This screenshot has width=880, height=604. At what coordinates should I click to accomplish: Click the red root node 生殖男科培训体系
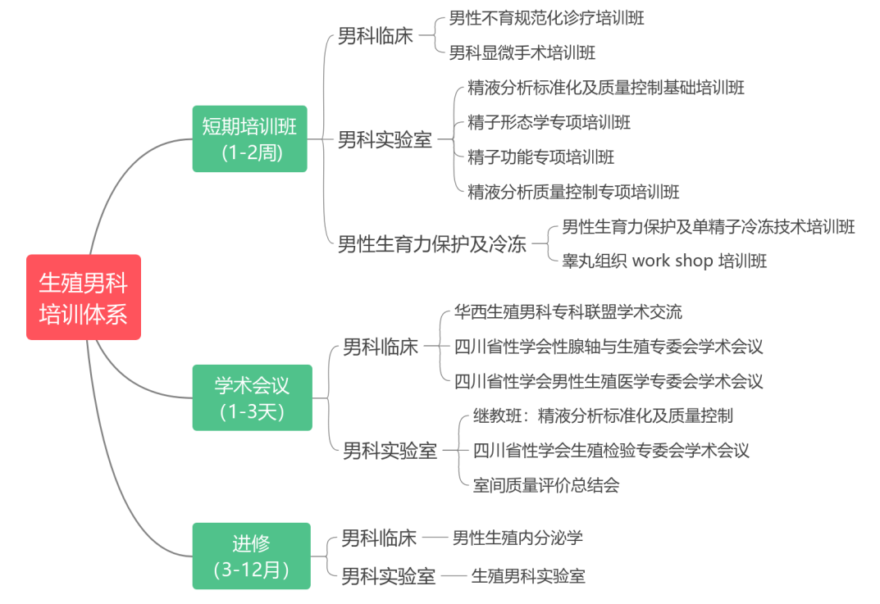(84, 297)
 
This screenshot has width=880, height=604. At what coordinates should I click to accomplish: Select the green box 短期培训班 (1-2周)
(250, 139)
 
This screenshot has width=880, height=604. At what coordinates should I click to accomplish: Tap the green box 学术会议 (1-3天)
(252, 397)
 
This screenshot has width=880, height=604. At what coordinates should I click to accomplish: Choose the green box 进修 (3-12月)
(252, 556)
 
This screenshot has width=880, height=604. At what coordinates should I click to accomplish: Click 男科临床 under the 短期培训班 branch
(376, 36)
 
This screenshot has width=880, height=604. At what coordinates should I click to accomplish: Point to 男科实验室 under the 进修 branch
(389, 576)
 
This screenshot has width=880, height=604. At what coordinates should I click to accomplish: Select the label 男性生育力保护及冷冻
(432, 244)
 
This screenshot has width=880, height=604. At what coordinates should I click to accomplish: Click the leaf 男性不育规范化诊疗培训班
(547, 19)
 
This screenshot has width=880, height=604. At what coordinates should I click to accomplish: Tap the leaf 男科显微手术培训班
(522, 52)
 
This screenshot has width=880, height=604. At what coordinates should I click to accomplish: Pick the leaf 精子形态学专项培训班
(549, 122)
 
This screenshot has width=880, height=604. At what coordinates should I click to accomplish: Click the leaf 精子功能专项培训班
(540, 157)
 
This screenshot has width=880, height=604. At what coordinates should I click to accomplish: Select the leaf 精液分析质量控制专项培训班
(573, 192)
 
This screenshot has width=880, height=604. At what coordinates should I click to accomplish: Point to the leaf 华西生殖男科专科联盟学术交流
(568, 311)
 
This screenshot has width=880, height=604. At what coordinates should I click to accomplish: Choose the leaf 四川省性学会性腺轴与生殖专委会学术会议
(609, 347)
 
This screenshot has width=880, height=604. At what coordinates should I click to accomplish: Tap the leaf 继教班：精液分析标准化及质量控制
(603, 416)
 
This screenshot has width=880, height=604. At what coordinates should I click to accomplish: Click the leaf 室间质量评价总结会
(546, 485)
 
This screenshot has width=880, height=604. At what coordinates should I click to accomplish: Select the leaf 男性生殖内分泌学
(518, 538)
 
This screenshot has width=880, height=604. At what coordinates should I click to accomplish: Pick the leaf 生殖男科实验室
(528, 576)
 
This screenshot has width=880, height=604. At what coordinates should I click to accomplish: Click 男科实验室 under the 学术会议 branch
(390, 450)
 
